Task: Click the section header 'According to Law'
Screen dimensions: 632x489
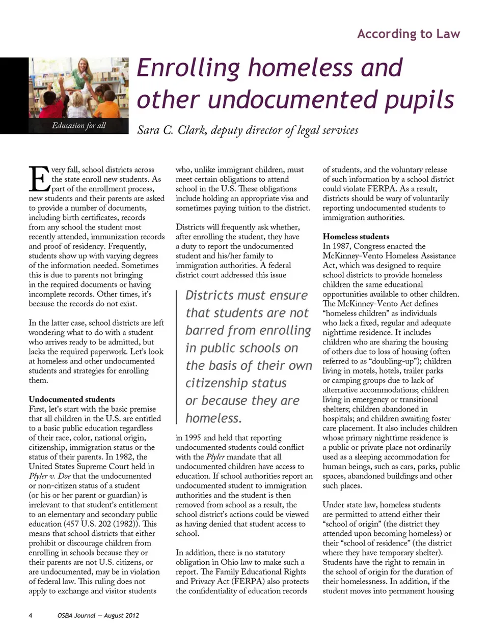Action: (x=409, y=34)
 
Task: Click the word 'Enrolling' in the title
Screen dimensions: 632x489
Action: (x=188, y=68)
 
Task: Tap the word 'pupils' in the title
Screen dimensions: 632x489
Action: (x=419, y=100)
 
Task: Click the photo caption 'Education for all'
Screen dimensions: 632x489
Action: (x=78, y=126)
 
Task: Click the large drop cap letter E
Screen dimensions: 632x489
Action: (x=39, y=179)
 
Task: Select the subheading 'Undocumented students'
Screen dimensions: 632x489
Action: (x=72, y=399)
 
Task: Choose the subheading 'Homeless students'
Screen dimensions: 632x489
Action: (x=356, y=237)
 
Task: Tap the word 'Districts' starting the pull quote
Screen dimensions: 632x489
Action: (x=209, y=296)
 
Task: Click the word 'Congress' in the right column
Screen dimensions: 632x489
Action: (x=370, y=246)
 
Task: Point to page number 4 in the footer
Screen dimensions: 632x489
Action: (x=31, y=616)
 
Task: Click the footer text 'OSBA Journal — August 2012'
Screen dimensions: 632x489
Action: (x=98, y=616)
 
